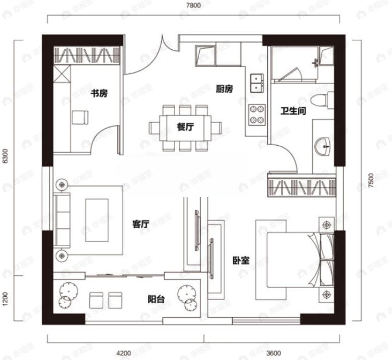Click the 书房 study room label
[x=99, y=93]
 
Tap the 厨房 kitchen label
[x=224, y=89]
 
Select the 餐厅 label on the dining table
[x=185, y=127]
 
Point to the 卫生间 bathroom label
[x=293, y=111]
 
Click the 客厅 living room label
[x=141, y=224]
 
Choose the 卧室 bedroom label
[x=241, y=261]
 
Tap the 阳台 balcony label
[x=156, y=299]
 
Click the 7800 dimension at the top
[x=193, y=5]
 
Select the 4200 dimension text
[x=124, y=353]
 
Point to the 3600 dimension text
[x=273, y=353]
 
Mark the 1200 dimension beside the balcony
[x=5, y=299]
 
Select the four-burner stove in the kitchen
[x=257, y=115]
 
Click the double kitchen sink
[x=257, y=83]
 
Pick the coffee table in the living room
[x=97, y=221]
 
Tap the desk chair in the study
[x=80, y=117]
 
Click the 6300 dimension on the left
[x=5, y=156]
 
